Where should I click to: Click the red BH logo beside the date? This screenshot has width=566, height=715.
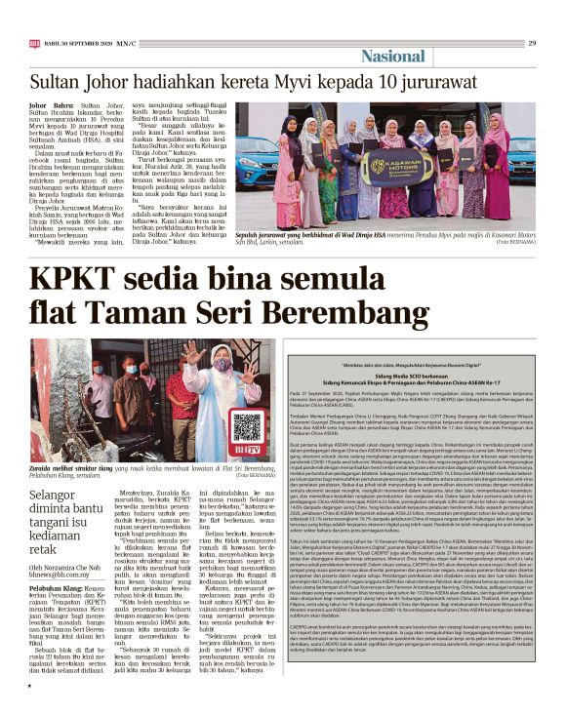pos(34,43)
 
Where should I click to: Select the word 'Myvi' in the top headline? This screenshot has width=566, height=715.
pos(292,82)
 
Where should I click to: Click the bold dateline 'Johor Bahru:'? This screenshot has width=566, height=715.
pos(50,102)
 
